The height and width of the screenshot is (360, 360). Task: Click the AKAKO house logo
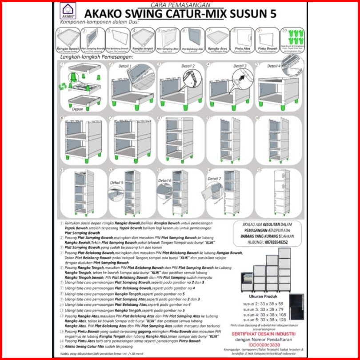(x=68, y=10)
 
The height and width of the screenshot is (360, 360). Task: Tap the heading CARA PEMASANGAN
(x=173, y=4)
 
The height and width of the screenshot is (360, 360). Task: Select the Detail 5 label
(x=116, y=182)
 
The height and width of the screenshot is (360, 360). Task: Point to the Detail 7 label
(x=214, y=179)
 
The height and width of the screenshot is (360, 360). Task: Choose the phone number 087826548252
(x=272, y=243)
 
